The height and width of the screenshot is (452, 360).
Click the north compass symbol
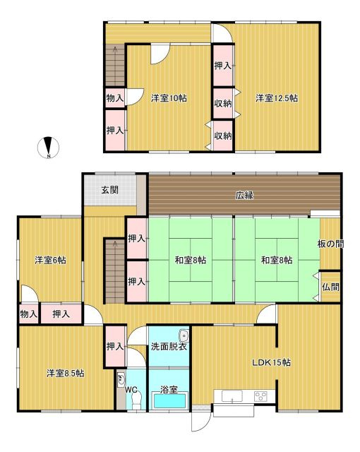pos(49,147)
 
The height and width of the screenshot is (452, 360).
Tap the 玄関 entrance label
pos(109,189)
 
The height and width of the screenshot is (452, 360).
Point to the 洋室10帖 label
pos(168,98)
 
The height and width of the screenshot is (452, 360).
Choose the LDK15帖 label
pos(272,363)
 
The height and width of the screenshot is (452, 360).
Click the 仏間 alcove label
pos(330,287)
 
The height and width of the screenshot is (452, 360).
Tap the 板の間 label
pos(330,244)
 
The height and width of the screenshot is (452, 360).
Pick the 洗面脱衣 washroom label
pos(169,347)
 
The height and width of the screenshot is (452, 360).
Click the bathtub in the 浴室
pos(169,400)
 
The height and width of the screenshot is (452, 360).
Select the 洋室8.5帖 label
pos(65,373)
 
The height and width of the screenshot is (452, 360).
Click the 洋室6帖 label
pos(50,260)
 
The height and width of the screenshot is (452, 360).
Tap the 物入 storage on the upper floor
pos(115,98)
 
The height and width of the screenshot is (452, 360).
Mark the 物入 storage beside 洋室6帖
pos(29,313)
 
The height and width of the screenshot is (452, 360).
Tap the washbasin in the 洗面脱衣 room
pos(184,336)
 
